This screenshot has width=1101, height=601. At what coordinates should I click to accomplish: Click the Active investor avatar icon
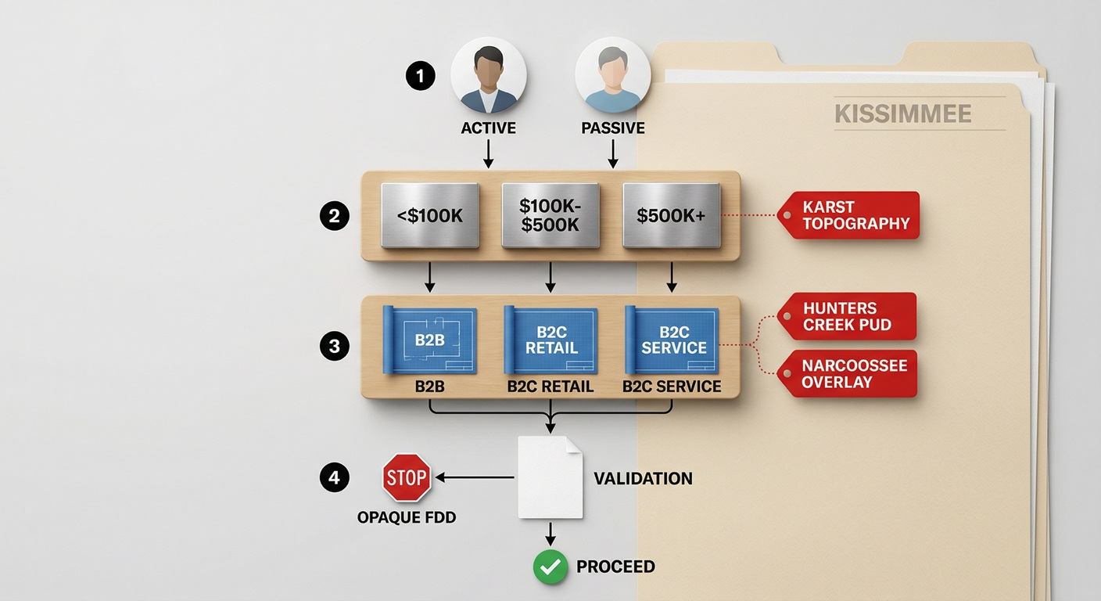point(489,75)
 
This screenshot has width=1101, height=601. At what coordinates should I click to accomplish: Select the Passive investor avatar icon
point(613,75)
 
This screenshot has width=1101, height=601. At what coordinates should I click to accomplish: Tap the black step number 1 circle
point(420,76)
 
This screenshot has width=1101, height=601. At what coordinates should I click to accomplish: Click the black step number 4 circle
point(334,477)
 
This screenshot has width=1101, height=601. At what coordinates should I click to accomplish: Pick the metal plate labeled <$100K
point(430,215)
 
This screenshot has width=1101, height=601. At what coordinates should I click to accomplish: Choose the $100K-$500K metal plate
point(550,215)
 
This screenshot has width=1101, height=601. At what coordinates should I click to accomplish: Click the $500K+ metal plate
point(672,215)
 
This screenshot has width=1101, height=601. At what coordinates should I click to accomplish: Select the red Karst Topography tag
point(848,215)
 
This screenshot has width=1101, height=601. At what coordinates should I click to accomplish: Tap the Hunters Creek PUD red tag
point(847,316)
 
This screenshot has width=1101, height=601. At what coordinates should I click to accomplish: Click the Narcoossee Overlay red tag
point(847,373)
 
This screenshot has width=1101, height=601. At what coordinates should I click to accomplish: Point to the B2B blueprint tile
point(429,340)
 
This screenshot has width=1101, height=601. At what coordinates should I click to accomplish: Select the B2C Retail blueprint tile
point(550,340)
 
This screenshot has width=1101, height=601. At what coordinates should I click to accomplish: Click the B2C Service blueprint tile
point(672,340)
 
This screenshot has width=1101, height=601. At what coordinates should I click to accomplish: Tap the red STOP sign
point(407,477)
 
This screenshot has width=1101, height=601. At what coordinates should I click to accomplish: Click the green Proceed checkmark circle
point(550,567)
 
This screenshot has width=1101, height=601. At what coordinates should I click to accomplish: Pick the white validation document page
point(550,477)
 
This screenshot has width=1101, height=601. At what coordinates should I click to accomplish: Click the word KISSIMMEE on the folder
point(903,114)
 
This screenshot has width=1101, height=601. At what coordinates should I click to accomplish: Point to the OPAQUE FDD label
point(407,517)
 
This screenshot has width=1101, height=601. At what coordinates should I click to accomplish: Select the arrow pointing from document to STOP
point(475,477)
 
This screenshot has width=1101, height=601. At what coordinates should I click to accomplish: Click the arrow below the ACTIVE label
point(489,153)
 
